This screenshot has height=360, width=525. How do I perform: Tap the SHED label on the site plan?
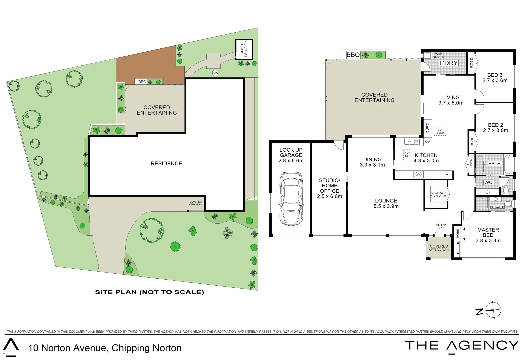(x=242, y=49)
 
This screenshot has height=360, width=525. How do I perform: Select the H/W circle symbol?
(x=215, y=73)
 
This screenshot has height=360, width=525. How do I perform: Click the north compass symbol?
(x=493, y=310)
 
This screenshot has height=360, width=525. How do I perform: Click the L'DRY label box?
(x=448, y=63)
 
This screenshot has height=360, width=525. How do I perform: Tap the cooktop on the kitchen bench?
(x=418, y=175)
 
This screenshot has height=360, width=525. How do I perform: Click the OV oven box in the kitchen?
(x=427, y=142)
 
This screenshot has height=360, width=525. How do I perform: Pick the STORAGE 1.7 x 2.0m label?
(x=438, y=194)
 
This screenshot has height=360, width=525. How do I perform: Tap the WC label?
(x=488, y=182)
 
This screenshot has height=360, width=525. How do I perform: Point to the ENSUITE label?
(x=497, y=207)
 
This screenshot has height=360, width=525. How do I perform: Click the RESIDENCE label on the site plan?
(x=166, y=163)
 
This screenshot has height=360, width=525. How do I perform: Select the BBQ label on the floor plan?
(x=353, y=55)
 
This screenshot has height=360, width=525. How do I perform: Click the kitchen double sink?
(x=412, y=142)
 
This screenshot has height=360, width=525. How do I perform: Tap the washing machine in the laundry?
(x=427, y=56)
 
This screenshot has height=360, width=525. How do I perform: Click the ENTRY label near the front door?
(x=441, y=225)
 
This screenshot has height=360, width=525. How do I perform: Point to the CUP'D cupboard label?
(x=427, y=128)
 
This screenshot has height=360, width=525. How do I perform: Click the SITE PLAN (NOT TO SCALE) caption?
(x=150, y=292)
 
